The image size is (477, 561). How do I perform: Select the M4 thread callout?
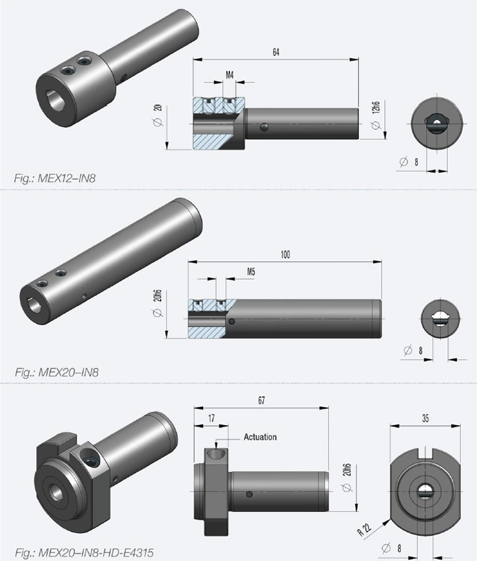pyautogui.click(x=229, y=75)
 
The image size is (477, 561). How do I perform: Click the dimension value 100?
pyautogui.click(x=285, y=255)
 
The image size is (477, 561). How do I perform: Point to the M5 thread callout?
pyautogui.click(x=251, y=272)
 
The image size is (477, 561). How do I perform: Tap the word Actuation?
pyautogui.click(x=260, y=437)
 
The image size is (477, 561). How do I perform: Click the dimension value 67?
pyautogui.click(x=260, y=400)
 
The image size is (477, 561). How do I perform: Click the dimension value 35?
pyautogui.click(x=425, y=418)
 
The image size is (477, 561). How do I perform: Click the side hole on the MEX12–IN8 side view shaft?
pyautogui.click(x=265, y=129)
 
